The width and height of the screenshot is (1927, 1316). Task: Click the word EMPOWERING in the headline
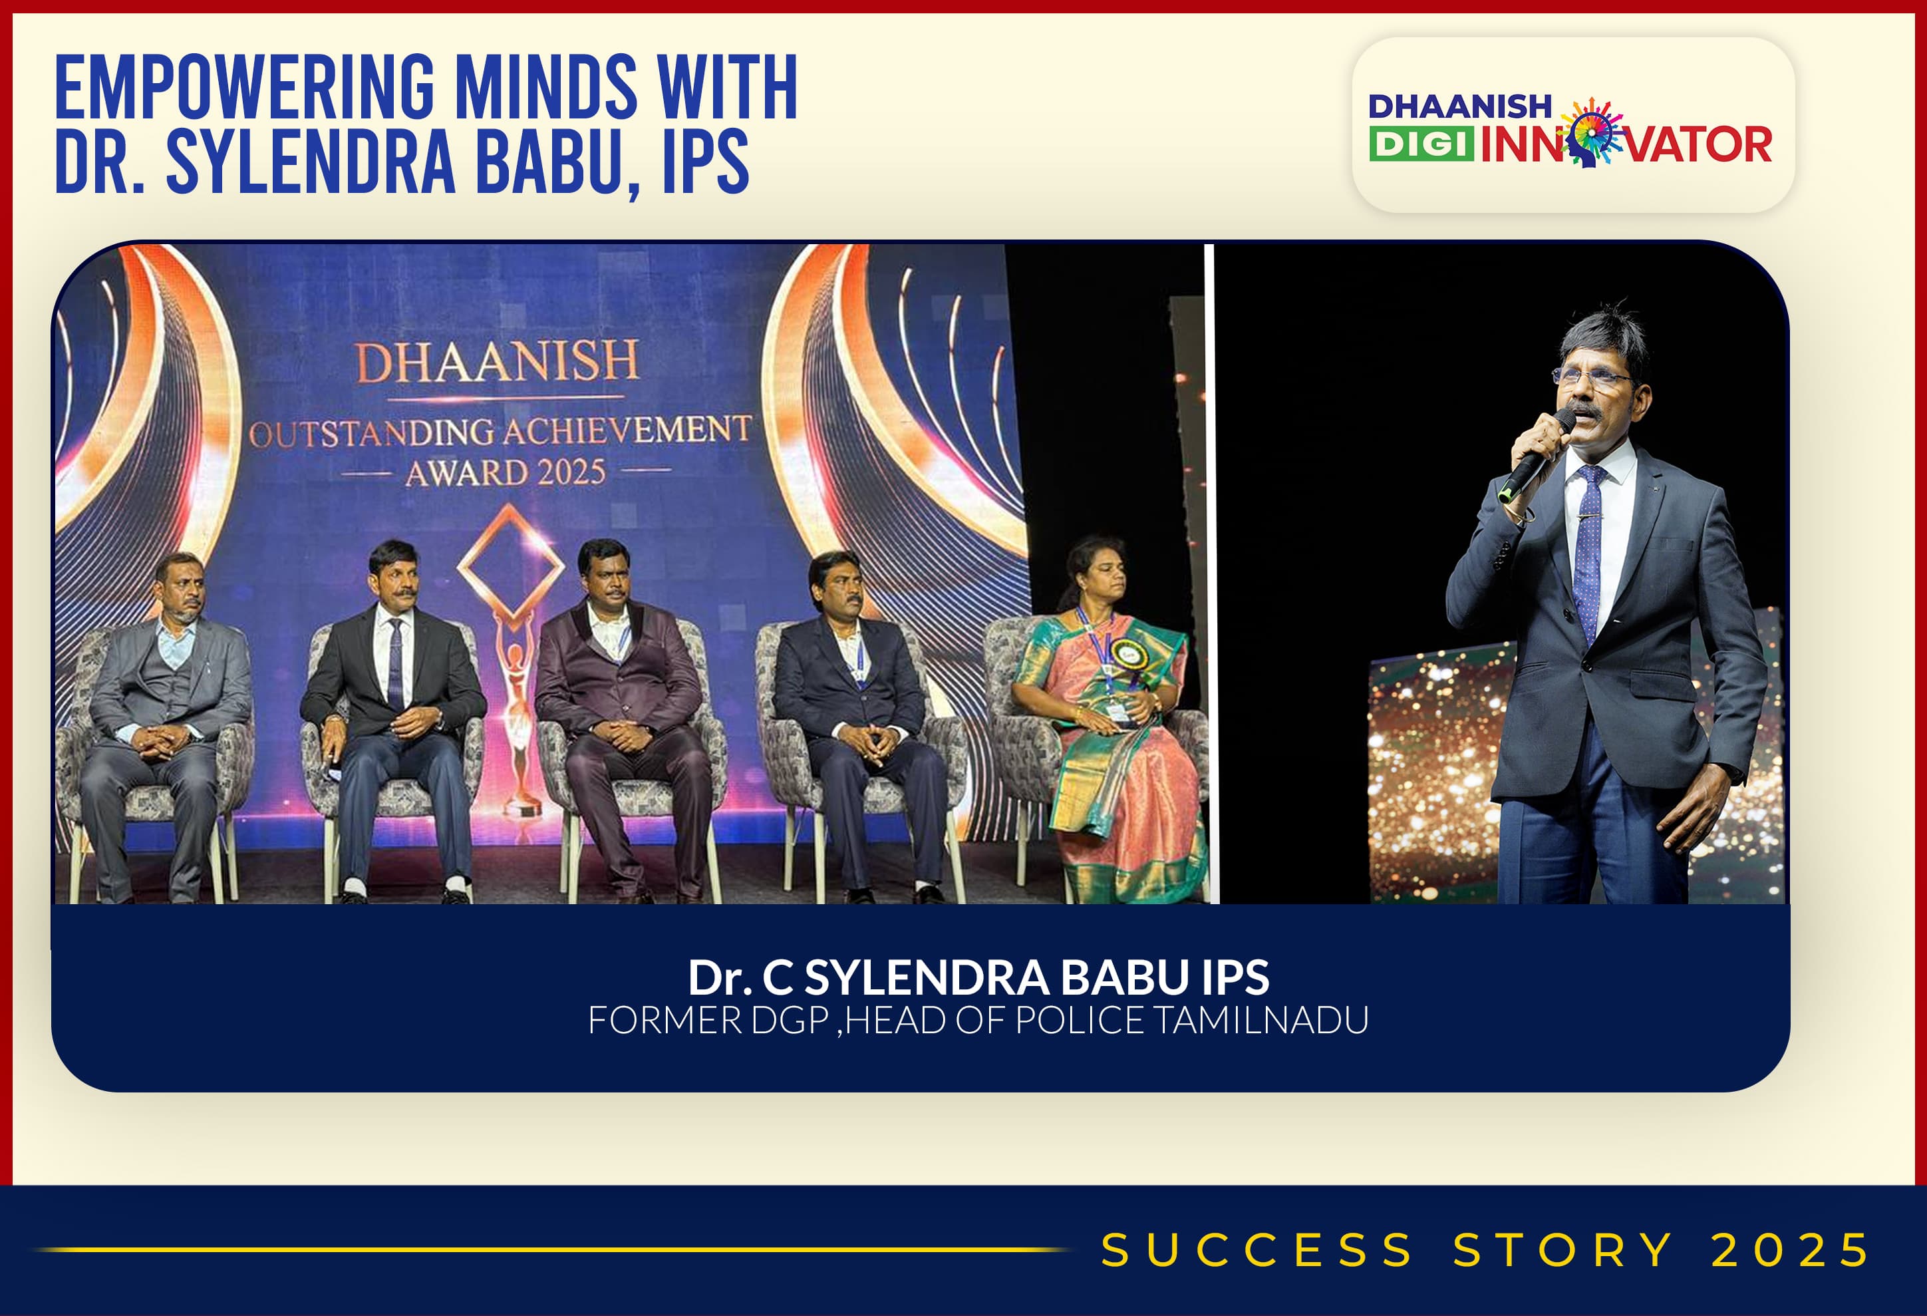coord(245,87)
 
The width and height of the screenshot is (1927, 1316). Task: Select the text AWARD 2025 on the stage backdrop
coord(506,472)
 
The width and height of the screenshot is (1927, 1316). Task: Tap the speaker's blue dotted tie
coord(1588,552)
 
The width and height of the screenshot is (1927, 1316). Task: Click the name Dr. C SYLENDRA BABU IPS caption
coord(978,977)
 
